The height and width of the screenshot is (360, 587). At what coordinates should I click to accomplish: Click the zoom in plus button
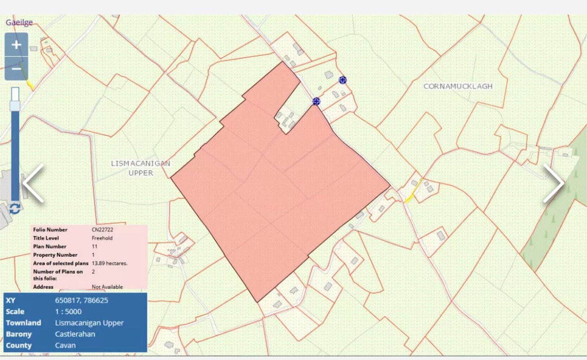[x=17, y=45]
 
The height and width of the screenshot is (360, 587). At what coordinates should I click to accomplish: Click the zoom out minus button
[x=17, y=69]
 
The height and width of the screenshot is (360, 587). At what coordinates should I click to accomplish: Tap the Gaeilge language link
[x=19, y=23]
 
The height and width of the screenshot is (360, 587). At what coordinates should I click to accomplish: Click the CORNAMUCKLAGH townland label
[x=458, y=86]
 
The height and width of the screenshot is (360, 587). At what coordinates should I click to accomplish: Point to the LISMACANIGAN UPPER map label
[x=140, y=168]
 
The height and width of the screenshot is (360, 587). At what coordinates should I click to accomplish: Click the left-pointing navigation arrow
[x=34, y=183]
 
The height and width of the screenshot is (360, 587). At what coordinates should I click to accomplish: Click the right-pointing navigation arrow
[x=553, y=183]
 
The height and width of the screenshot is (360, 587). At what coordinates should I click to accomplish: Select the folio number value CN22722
[x=102, y=229]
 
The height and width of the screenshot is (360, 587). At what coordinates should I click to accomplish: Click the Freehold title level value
[x=102, y=238]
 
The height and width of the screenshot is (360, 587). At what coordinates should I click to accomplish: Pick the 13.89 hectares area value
[x=109, y=263]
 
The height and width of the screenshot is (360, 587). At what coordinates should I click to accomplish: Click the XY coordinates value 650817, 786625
[x=81, y=300]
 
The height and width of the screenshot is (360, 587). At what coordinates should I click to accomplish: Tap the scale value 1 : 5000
[x=68, y=311]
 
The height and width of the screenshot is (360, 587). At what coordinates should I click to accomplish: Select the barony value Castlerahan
[x=75, y=334]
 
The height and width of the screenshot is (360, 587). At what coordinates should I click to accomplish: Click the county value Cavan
[x=65, y=345]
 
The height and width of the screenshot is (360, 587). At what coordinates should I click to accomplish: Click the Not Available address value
[x=107, y=287]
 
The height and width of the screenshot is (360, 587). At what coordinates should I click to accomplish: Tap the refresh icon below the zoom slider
[x=15, y=208]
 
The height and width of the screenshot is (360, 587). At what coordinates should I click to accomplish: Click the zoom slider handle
[x=15, y=106]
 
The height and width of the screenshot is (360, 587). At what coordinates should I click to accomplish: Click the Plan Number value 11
[x=94, y=247]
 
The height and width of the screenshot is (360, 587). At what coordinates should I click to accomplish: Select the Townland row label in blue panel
[x=23, y=323]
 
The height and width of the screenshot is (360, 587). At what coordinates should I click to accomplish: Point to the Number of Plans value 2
[x=93, y=272]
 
